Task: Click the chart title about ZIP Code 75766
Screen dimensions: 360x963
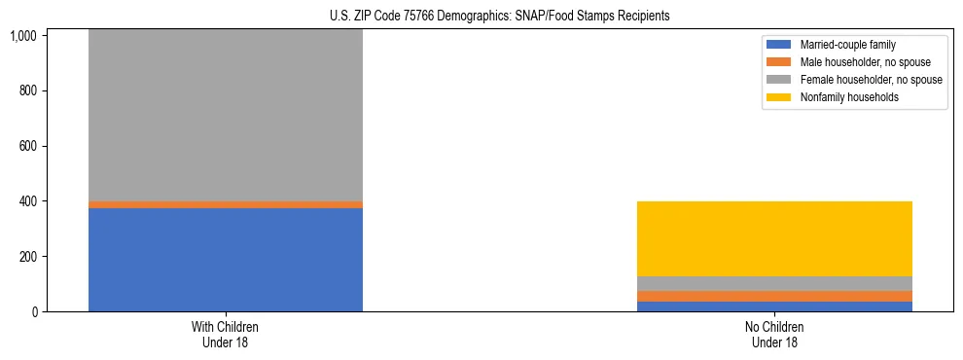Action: [481, 17]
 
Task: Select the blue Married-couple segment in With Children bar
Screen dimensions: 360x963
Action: [226, 260]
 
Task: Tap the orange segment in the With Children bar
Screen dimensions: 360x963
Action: [226, 204]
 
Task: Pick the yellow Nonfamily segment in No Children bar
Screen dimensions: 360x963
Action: [774, 238]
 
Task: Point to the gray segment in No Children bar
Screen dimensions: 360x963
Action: [774, 283]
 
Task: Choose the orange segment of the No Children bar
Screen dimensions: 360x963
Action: [774, 296]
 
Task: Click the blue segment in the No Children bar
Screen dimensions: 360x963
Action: [774, 306]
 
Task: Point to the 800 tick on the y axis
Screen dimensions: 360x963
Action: [54, 90]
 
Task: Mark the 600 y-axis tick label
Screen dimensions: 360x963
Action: [54, 146]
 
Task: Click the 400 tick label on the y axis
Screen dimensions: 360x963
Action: [54, 201]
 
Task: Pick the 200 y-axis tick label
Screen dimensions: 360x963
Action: [54, 257]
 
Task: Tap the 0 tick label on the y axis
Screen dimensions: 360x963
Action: [60, 311]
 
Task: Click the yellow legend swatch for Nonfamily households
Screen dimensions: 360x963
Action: [779, 97]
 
